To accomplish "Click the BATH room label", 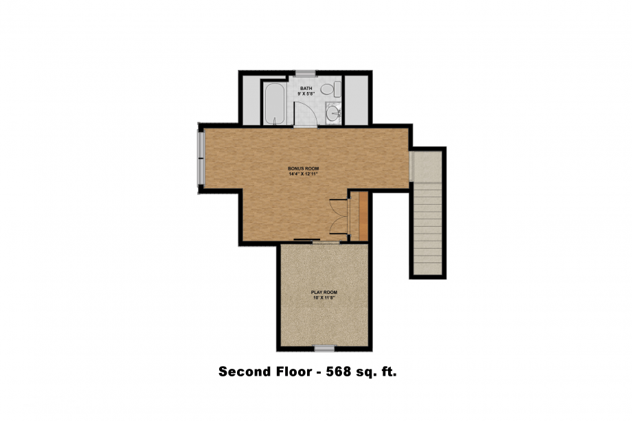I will [306, 88].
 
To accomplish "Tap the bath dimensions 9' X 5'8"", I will [306, 93].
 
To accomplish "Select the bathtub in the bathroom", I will [273, 104].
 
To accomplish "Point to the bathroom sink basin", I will [332, 113].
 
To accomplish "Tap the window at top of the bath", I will [305, 73].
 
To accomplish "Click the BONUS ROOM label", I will [303, 168].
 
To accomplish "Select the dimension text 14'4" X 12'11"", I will [303, 174].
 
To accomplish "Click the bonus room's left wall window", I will [201, 159].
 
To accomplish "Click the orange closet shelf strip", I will [364, 216].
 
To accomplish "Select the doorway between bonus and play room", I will [326, 242].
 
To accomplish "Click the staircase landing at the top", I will [429, 165].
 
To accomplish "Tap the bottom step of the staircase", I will [429, 269].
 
